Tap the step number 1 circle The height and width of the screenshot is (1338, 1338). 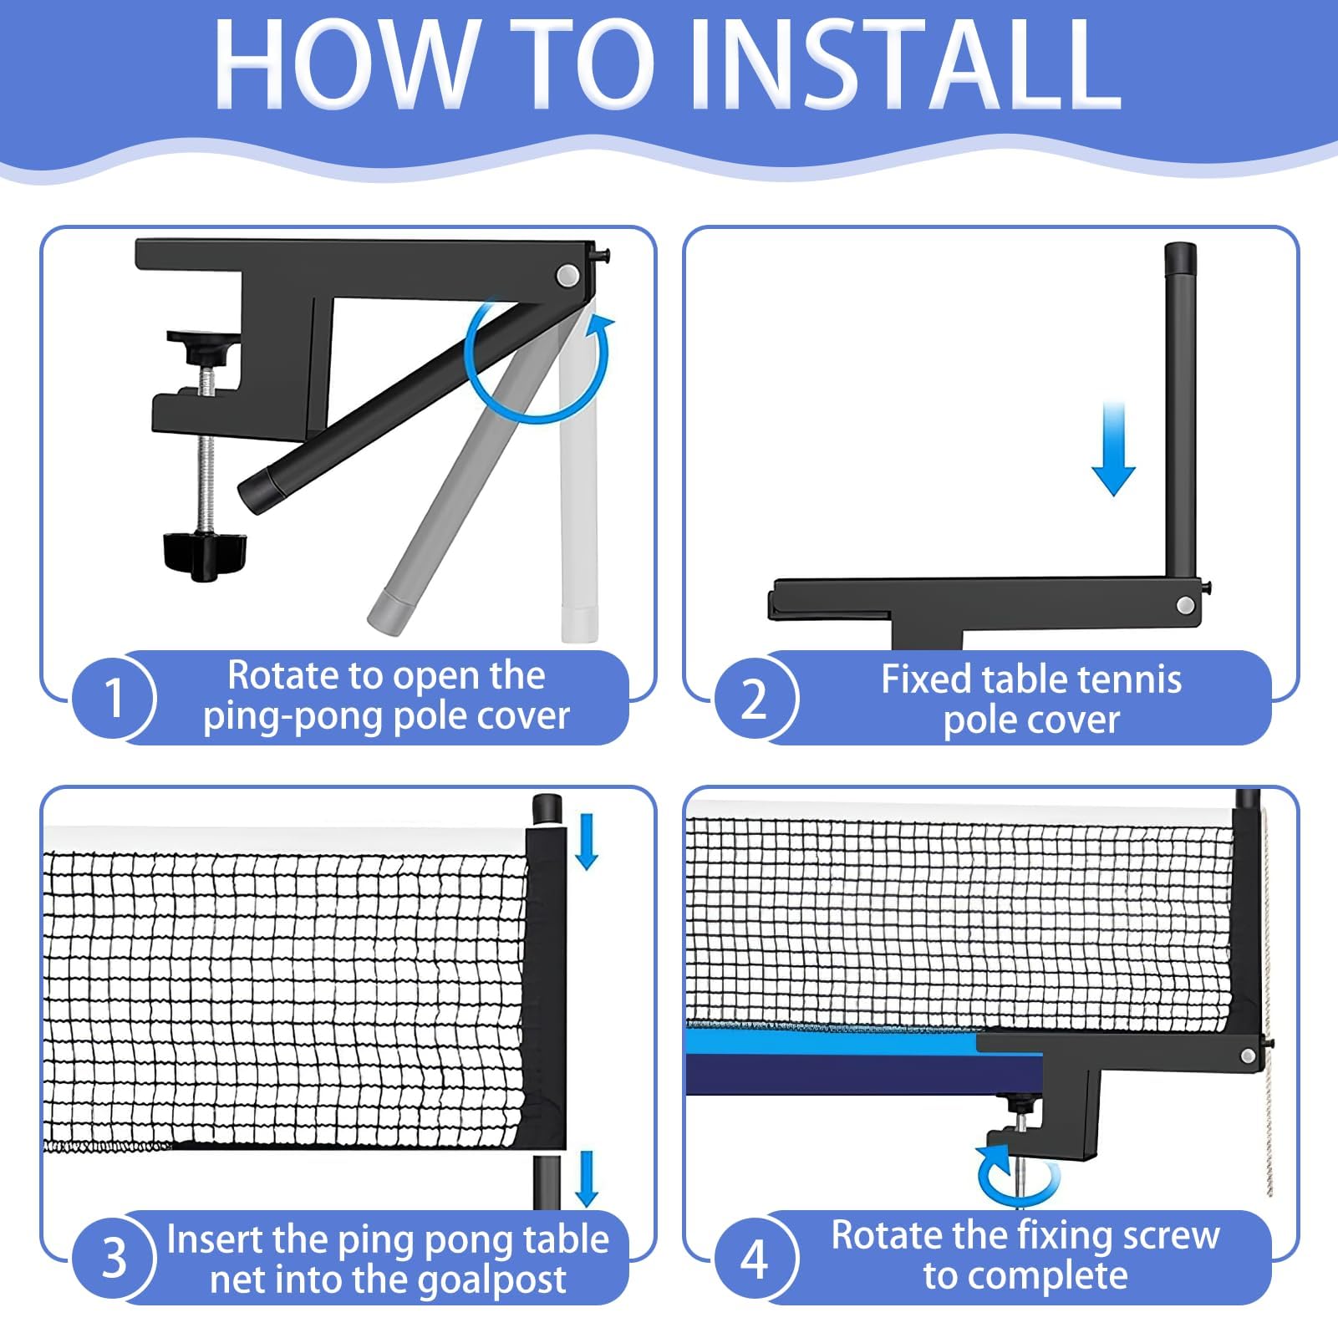click(x=114, y=697)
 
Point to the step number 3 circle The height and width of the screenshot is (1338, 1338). click(x=114, y=1257)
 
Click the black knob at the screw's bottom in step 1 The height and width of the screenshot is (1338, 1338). click(x=205, y=552)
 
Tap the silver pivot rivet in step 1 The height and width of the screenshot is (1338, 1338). click(x=568, y=275)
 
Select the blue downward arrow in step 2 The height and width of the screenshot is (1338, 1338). click(x=1113, y=449)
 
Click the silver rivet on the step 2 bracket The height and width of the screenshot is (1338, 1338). click(x=1185, y=605)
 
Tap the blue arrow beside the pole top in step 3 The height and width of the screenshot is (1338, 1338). click(x=587, y=842)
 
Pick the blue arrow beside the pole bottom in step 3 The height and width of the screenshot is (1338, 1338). click(x=587, y=1179)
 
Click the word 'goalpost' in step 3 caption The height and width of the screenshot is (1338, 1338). click(x=492, y=1280)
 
